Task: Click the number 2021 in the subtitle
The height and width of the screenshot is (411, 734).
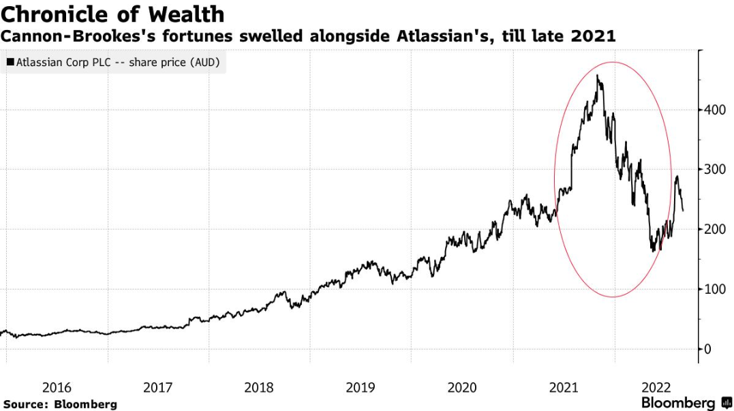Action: tap(593, 36)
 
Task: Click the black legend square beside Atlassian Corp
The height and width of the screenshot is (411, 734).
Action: tap(10, 63)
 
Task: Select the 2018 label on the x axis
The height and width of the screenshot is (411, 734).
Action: tap(259, 387)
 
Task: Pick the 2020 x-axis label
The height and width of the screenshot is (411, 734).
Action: tap(462, 387)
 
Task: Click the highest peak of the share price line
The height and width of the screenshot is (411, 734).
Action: tap(598, 76)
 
